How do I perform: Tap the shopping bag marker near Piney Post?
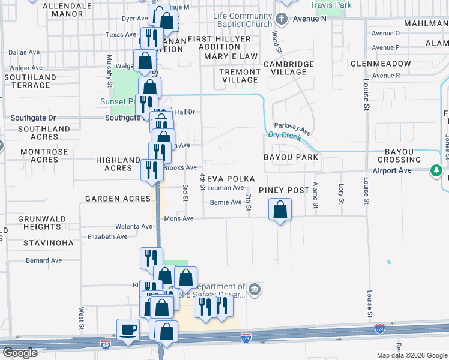tap(280, 211)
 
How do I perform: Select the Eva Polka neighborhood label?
tap(231, 179)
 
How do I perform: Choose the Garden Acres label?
tap(118, 199)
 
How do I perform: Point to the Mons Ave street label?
tap(179, 218)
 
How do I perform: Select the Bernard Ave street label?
tap(44, 260)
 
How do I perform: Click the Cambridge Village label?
tap(285, 68)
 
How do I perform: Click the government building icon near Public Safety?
tap(255, 290)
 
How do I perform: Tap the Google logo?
tap(19, 353)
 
